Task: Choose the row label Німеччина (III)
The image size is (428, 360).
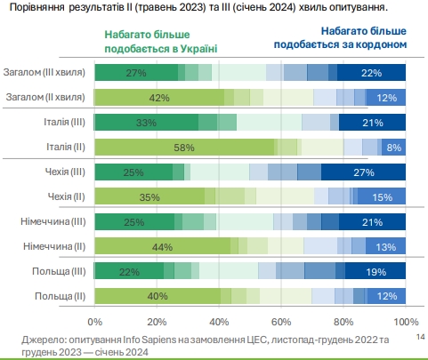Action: tap(52, 221)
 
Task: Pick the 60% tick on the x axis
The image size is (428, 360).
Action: tap(281, 321)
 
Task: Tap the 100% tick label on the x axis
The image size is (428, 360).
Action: tap(405, 321)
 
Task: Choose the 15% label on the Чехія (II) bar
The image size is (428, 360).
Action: tap(384, 196)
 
